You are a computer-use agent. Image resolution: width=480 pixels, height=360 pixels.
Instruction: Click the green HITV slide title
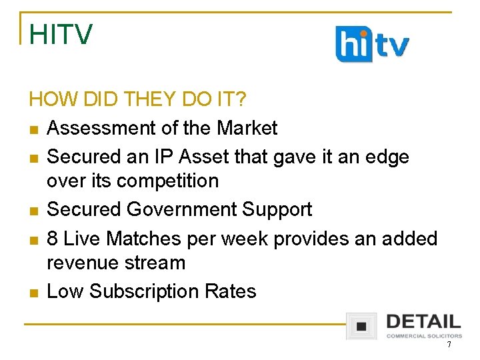pos(61,35)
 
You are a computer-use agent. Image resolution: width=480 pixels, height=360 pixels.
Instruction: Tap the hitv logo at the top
pos(372,44)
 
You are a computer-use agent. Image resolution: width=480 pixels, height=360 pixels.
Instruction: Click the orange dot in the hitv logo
pos(361,33)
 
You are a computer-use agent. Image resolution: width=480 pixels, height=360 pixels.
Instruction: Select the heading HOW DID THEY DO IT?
pos(138,100)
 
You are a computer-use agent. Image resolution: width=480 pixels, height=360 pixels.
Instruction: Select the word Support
pos(277,209)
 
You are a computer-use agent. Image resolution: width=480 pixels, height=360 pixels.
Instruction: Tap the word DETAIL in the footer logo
pos(423,321)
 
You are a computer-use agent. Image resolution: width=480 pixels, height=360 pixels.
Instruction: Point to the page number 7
pos(449,345)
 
